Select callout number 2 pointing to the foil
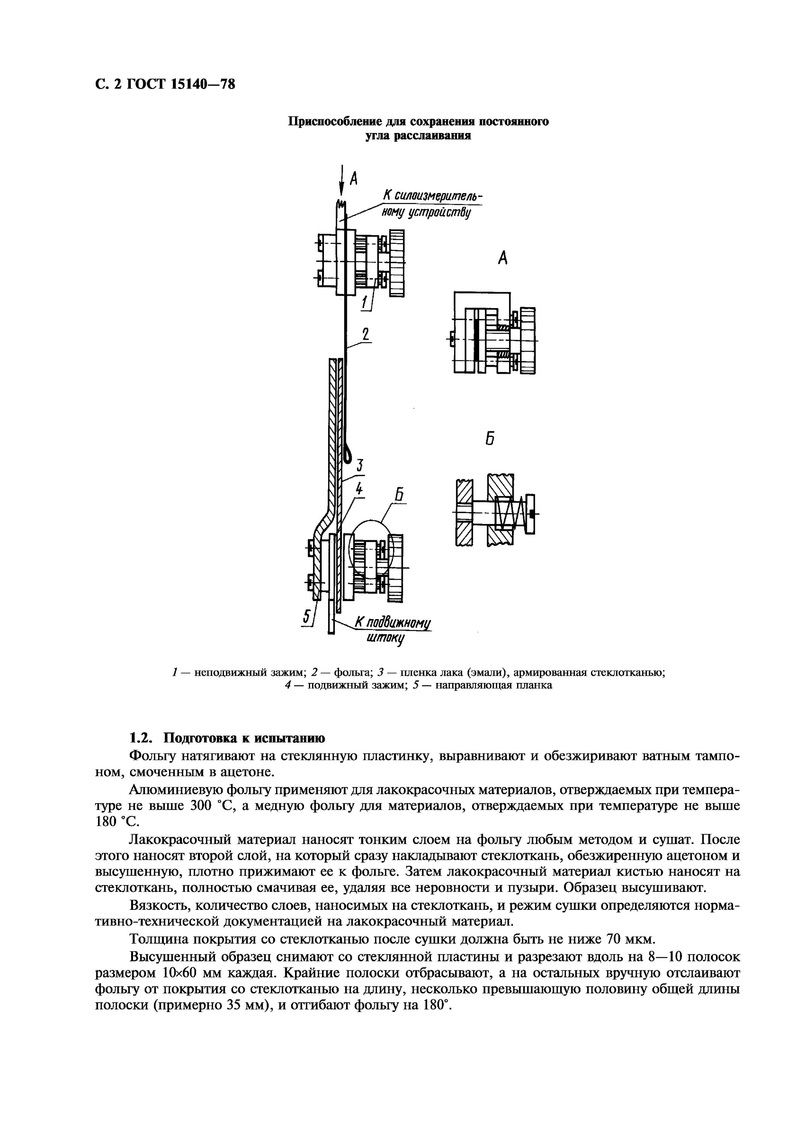(x=365, y=335)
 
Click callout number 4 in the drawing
(x=360, y=489)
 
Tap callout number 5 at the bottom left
(x=307, y=616)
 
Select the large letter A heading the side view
(x=502, y=258)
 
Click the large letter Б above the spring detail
(x=490, y=439)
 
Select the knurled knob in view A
(x=528, y=340)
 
